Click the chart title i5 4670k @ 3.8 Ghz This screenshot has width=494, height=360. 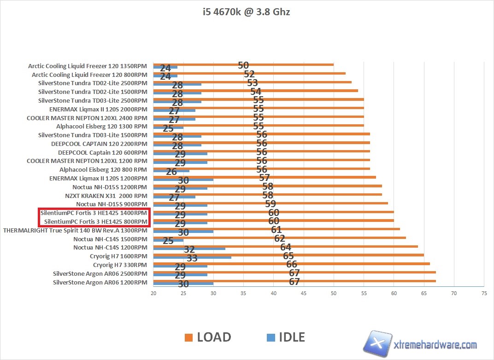pos(247,12)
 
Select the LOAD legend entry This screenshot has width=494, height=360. pos(208,337)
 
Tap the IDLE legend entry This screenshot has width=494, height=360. pos(286,337)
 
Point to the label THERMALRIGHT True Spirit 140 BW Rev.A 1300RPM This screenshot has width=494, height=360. pos(75,230)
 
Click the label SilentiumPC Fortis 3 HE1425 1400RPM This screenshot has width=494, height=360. pos(94,213)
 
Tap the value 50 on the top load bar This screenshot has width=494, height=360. pos(243,65)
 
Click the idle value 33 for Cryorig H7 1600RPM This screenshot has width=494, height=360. pos(192,258)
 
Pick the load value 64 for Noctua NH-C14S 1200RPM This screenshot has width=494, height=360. pos(286,247)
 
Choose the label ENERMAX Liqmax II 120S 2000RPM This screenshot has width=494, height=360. pos(98,109)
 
